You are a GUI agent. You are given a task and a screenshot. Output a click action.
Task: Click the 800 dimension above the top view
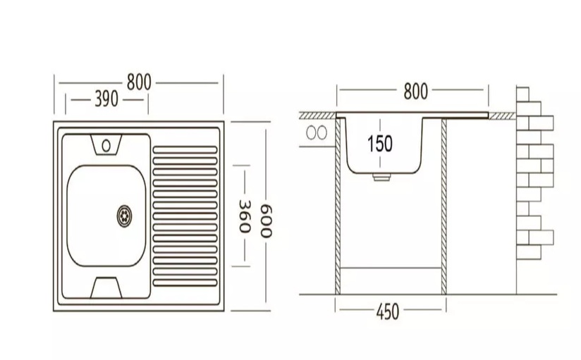[139, 82]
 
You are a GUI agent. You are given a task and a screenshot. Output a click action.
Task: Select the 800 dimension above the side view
[415, 92]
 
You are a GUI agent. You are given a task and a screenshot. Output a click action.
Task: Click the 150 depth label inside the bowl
[379, 144]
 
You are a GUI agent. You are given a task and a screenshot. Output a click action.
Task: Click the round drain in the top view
[125, 213]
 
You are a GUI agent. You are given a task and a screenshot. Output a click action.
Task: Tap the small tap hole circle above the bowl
[106, 146]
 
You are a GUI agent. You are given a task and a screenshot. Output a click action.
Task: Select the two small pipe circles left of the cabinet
[317, 132]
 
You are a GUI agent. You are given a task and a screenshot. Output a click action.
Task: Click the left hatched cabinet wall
[338, 204]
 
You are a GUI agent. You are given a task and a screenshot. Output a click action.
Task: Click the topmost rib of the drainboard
[185, 149]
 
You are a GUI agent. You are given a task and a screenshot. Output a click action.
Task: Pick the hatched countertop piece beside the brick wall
[502, 114]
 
